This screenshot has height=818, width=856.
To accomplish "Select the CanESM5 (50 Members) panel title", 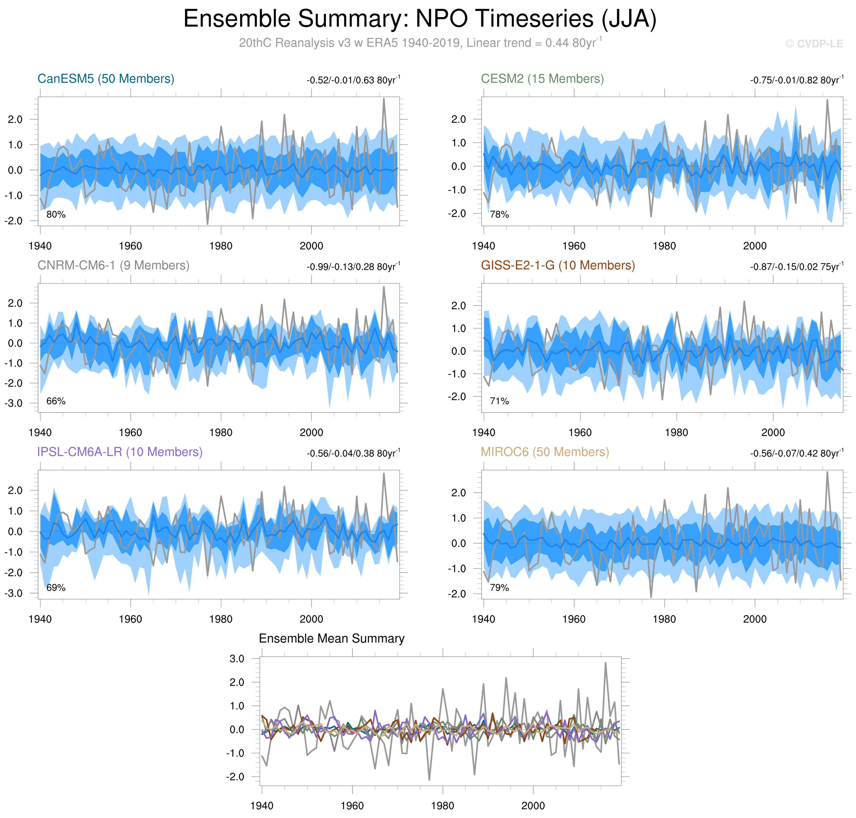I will (x=106, y=79).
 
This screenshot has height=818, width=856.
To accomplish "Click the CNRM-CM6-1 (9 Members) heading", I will (x=113, y=266).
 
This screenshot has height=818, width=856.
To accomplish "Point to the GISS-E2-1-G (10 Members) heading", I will (x=558, y=266).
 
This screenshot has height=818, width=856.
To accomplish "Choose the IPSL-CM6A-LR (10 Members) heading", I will (x=120, y=452).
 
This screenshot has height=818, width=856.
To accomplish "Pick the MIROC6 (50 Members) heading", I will (x=545, y=452).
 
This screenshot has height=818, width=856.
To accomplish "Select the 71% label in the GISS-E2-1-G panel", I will (x=499, y=401).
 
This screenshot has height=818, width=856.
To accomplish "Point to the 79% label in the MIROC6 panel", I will (x=499, y=588).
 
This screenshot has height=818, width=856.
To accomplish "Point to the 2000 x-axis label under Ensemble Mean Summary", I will (x=533, y=806).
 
